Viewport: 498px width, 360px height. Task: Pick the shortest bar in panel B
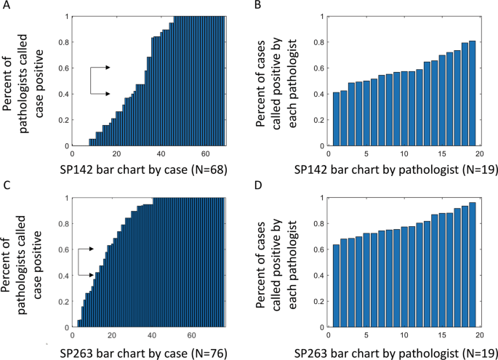[x=336, y=119]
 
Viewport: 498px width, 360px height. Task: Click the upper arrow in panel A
[x=107, y=68]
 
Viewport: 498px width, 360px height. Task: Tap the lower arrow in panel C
[x=107, y=275]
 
